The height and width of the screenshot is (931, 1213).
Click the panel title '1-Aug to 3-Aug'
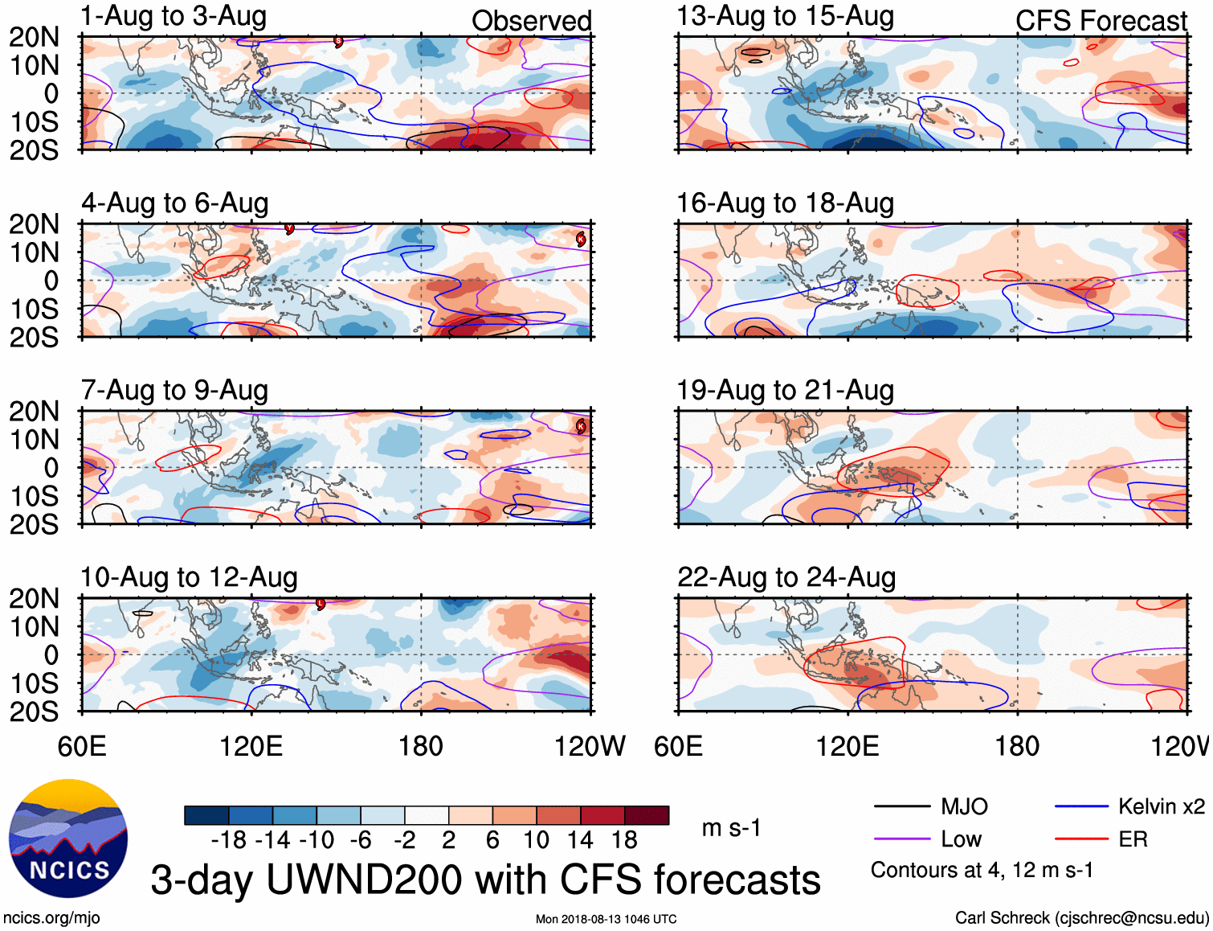tap(174, 16)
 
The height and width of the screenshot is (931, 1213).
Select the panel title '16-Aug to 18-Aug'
tap(785, 203)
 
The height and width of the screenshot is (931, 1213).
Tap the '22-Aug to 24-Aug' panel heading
tap(786, 577)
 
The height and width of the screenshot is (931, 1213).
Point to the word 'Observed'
tap(531, 21)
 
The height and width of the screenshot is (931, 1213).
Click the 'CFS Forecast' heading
tap(1101, 21)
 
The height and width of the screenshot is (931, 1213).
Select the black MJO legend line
tap(901, 806)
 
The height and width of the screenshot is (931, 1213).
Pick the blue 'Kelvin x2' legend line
tap(1081, 806)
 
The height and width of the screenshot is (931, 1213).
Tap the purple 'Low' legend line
tap(901, 839)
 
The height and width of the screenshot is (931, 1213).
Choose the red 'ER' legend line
tap(1081, 839)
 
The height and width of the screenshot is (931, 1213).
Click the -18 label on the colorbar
tap(229, 840)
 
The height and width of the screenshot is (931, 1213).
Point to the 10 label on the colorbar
tap(536, 840)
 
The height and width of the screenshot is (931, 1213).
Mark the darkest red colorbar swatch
tap(647, 815)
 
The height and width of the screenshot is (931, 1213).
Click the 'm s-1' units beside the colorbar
tap(731, 828)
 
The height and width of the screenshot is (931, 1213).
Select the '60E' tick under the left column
tap(82, 746)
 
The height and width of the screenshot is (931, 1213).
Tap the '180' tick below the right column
tap(1017, 746)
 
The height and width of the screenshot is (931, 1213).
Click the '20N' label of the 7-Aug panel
tap(34, 412)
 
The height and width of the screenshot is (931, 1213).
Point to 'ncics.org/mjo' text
tap(51, 918)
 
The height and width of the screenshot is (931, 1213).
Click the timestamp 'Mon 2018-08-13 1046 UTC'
tap(606, 919)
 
